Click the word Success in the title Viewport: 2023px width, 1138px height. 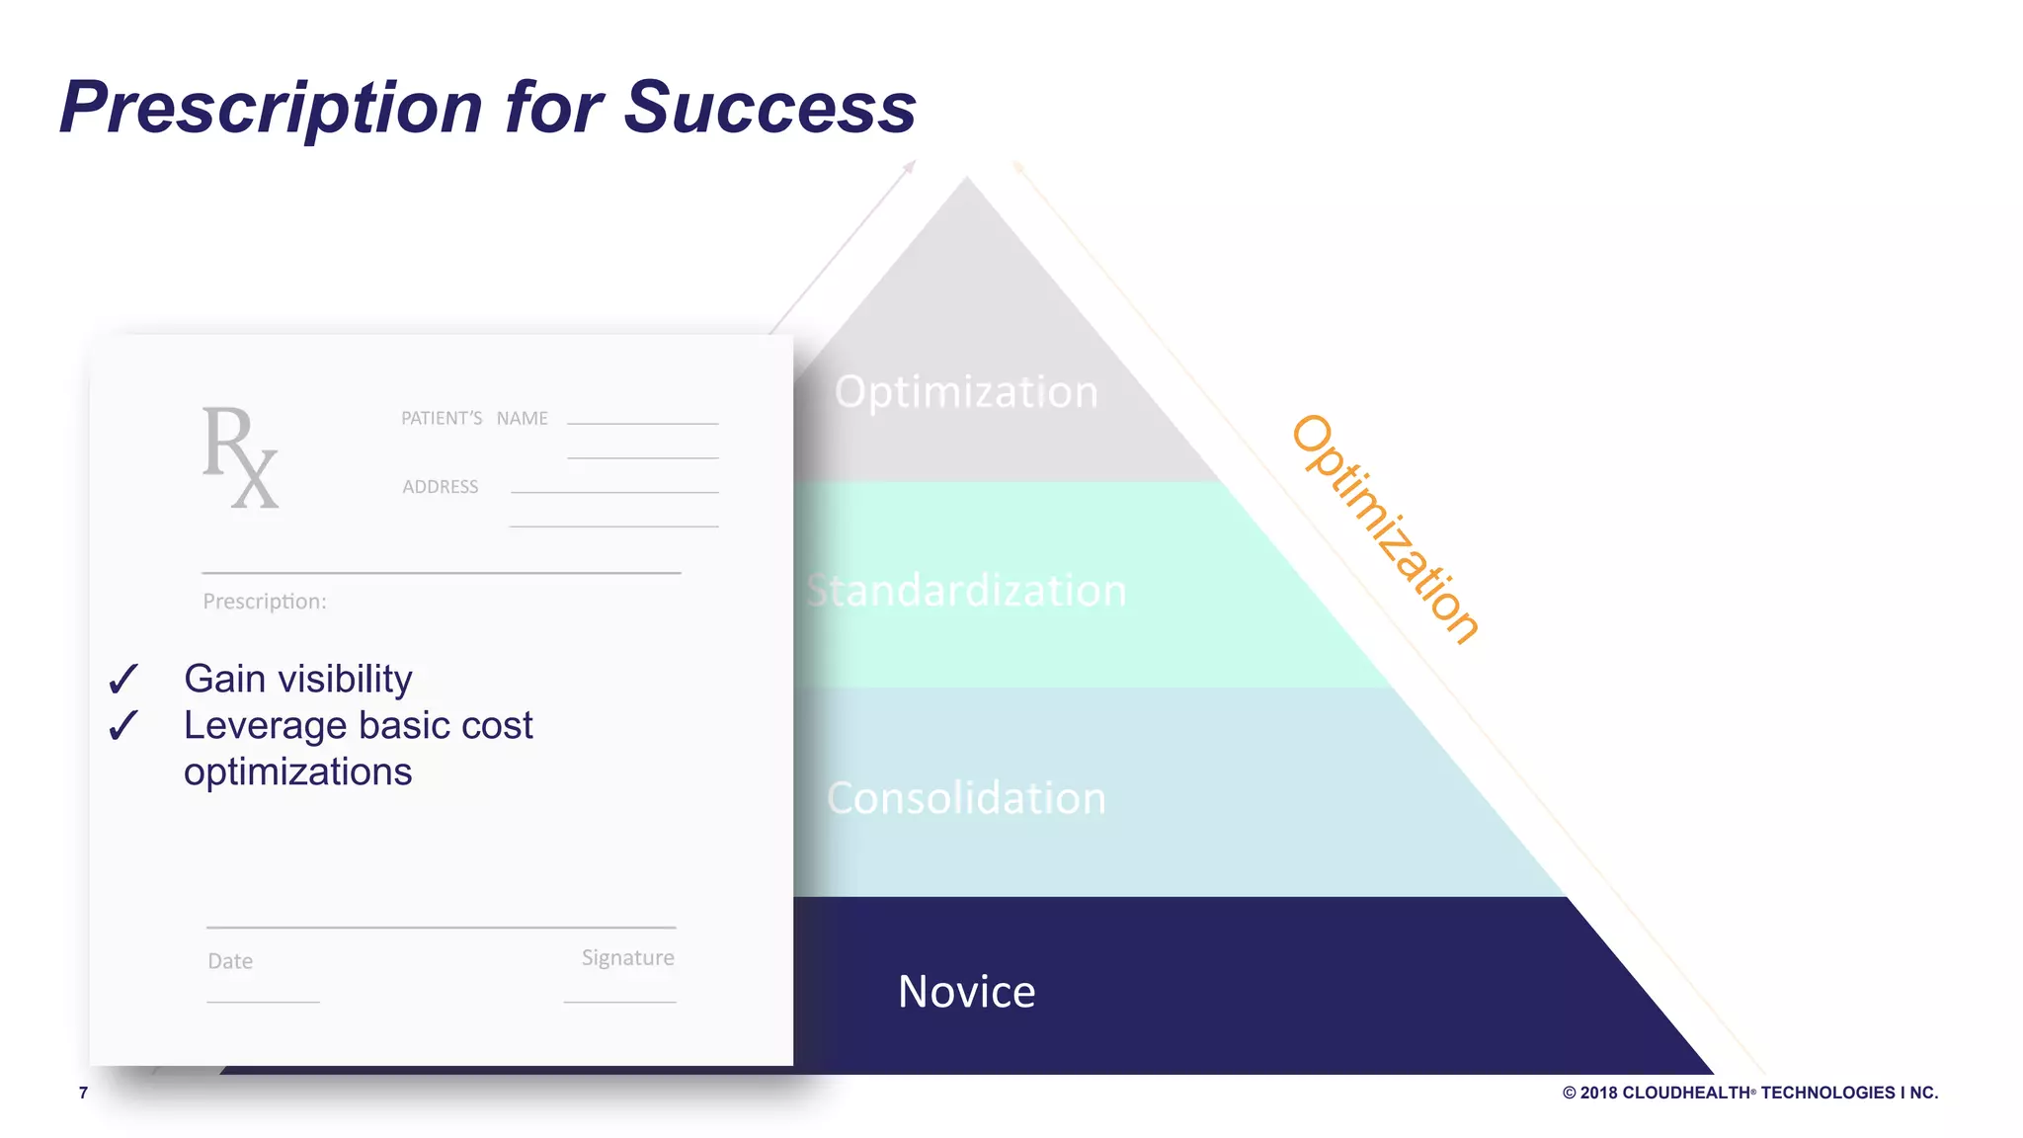click(x=769, y=107)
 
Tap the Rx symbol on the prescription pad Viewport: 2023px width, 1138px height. click(x=240, y=456)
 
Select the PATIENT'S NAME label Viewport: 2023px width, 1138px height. click(x=474, y=419)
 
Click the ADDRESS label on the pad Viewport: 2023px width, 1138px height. click(x=441, y=487)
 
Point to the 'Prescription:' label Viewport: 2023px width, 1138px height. click(x=264, y=602)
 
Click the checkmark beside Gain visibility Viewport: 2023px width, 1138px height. click(x=123, y=680)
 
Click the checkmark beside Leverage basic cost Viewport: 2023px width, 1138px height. click(x=123, y=726)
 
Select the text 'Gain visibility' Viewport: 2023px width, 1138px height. click(x=297, y=680)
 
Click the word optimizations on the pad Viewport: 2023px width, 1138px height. click(x=297, y=772)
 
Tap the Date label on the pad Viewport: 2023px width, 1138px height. click(x=230, y=961)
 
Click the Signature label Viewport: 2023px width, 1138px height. click(x=627, y=958)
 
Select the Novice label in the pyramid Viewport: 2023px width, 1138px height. click(x=966, y=992)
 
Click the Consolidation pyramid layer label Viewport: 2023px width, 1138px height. click(x=966, y=798)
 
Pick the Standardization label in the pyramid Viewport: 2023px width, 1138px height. click(x=966, y=591)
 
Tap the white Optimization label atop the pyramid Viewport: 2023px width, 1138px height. click(x=966, y=392)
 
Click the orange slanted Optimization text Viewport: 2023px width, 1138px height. click(x=1384, y=530)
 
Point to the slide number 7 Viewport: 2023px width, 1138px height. click(x=84, y=1093)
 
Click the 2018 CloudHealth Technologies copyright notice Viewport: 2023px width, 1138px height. click(x=1749, y=1093)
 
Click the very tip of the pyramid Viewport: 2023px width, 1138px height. click(x=966, y=181)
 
